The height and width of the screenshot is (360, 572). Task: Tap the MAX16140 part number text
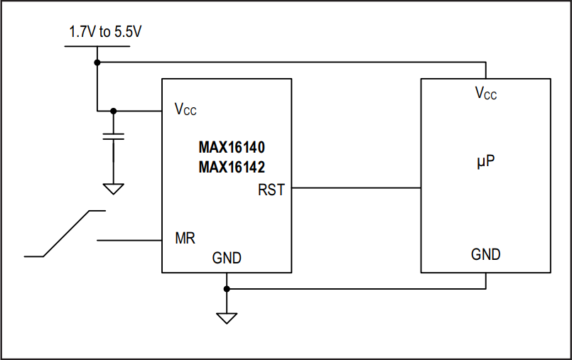232,150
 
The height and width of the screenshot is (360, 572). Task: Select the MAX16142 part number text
232,168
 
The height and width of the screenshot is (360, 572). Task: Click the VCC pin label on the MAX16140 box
185,110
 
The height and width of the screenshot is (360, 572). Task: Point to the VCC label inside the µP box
486,93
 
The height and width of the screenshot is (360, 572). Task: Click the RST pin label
271,190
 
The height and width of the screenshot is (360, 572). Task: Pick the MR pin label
185,238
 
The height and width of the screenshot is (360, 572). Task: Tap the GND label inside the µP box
486,254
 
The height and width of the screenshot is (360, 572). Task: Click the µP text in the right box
485,163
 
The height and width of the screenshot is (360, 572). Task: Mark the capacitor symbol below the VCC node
113,136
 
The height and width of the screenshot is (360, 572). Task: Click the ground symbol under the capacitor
113,189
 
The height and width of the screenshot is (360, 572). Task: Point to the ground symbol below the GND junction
227,317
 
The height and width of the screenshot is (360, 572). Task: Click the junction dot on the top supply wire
97,62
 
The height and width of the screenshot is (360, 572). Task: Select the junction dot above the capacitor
113,111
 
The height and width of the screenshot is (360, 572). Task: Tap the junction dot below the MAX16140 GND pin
227,289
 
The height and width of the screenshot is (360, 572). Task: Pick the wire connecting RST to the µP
356,188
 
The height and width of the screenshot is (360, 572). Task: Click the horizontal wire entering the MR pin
129,241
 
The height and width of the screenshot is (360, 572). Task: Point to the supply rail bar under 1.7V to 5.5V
97,47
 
